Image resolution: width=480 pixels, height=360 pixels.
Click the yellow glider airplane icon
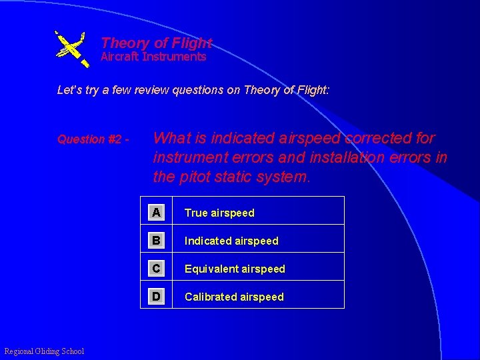71,48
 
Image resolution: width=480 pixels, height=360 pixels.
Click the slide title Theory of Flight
156,43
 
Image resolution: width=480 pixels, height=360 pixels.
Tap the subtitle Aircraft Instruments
153,57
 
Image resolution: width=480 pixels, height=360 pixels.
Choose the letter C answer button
156,268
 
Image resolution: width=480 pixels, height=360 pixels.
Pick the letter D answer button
156,296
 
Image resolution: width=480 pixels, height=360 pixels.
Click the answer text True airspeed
219,213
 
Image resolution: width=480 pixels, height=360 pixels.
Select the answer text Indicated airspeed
231,241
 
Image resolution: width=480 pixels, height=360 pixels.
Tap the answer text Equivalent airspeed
235,269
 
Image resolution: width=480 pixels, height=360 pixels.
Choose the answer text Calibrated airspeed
234,297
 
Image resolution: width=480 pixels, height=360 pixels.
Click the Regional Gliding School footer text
44,351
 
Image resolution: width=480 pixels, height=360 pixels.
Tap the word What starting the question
172,139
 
